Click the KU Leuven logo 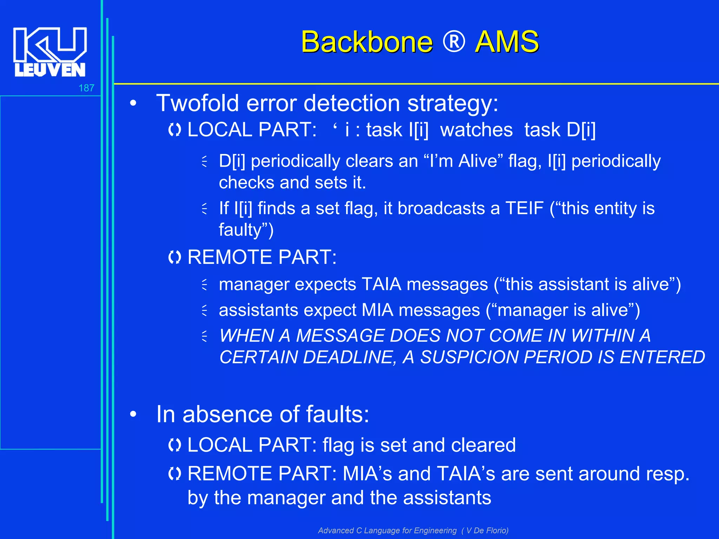point(50,52)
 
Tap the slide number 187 point(86,88)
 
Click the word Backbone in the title point(367,42)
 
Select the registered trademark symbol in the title point(454,42)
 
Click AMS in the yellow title point(507,42)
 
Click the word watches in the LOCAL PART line point(476,130)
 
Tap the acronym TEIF point(525,208)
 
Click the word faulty point(240,230)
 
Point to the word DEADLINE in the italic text point(347,358)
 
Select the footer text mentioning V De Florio point(413,530)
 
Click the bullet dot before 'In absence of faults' point(133,414)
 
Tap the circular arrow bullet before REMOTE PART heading point(174,257)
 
